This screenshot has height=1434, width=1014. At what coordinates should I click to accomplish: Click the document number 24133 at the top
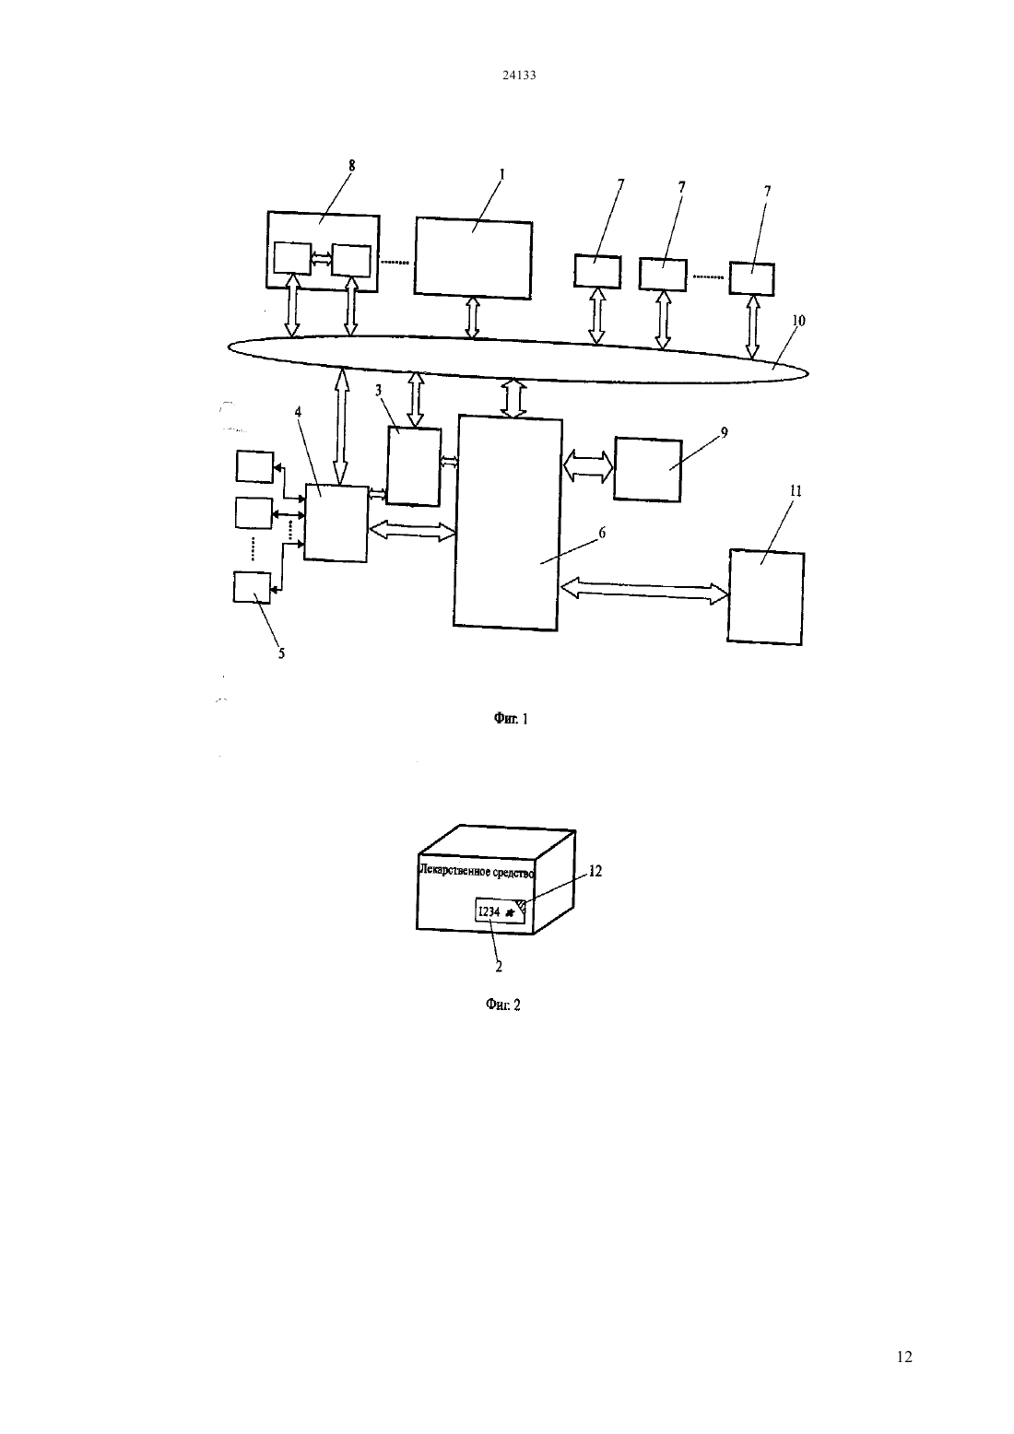point(519,75)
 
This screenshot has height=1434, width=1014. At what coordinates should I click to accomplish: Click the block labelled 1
point(472,258)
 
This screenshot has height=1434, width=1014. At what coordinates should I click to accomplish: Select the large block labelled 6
point(508,523)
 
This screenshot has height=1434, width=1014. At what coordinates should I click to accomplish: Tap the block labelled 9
point(648,469)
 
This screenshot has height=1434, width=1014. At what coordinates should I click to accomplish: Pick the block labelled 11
point(766,596)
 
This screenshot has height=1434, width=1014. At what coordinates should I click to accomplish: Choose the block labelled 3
point(414,466)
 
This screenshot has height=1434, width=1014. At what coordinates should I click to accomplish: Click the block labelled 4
point(336,523)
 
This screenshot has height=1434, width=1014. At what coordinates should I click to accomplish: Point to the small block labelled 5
point(253,587)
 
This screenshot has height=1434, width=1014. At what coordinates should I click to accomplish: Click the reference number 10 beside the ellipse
point(798,320)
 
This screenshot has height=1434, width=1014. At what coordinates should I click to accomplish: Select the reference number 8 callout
point(351,165)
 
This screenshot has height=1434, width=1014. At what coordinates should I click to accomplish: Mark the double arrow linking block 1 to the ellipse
point(472,318)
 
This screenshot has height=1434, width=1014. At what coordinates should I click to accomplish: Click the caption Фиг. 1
point(511,719)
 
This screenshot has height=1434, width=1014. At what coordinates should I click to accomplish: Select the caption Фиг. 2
point(502,1005)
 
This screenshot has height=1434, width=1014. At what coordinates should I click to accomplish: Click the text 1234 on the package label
point(489,911)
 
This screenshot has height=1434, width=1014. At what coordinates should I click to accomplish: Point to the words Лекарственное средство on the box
point(477,871)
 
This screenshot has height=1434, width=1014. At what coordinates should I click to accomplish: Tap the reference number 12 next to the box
point(595,871)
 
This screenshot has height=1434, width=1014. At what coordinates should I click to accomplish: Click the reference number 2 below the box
point(499,967)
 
